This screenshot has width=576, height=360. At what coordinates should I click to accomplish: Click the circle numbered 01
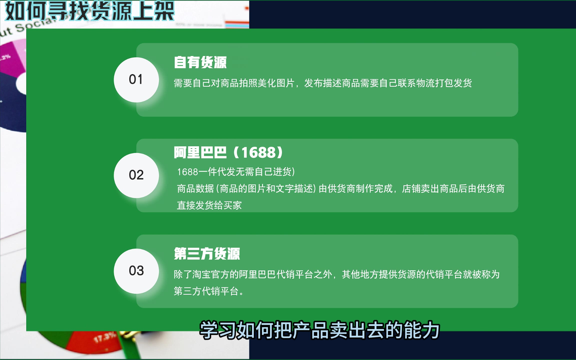136,80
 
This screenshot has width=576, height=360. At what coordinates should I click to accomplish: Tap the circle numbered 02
136,175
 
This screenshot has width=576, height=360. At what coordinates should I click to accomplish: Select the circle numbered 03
136,271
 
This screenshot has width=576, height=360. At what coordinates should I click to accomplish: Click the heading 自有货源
200,62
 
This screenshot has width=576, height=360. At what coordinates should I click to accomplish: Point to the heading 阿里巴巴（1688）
228,152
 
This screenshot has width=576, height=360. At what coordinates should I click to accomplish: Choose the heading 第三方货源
207,253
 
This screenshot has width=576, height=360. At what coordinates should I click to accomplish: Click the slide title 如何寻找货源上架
90,11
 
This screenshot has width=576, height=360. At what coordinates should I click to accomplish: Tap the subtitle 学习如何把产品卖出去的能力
320,330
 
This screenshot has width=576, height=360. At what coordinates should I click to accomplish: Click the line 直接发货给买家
209,205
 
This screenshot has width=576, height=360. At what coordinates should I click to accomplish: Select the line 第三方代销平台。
209,291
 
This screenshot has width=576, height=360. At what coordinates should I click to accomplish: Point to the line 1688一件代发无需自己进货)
236,172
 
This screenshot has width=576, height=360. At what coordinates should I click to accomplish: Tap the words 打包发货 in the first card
453,83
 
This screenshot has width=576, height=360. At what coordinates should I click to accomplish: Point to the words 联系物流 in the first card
416,83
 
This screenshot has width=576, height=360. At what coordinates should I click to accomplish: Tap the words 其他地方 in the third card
360,274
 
